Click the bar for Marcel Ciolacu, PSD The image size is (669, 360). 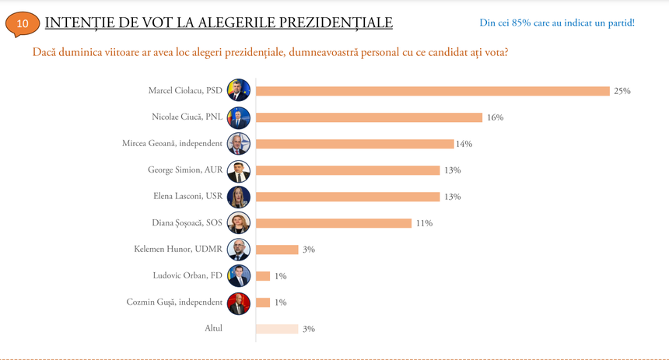pos(433,91)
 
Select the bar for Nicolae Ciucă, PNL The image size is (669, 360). pos(369,117)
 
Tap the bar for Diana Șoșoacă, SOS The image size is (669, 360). pos(334,223)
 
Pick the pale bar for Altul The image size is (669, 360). pos(277,329)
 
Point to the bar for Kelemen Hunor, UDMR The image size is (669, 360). pos(277,250)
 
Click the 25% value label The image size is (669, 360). pos(622,91)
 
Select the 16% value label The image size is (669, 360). pos(495,117)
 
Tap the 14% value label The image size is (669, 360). pos(464,144)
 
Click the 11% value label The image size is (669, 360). pos(424,223)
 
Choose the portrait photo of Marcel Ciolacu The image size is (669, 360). pos(238,91)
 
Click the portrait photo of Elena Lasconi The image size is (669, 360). pos(238,197)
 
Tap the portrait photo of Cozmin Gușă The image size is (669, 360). pos(238,302)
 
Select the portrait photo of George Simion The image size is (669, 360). pos(238,170)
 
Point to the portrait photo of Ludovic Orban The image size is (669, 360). pos(238,276)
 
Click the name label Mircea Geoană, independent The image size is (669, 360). pos(172,144)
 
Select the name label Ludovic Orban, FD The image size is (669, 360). pos(187,275)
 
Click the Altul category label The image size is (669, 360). pos(213,328)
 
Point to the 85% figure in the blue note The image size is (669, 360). pos(520,23)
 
